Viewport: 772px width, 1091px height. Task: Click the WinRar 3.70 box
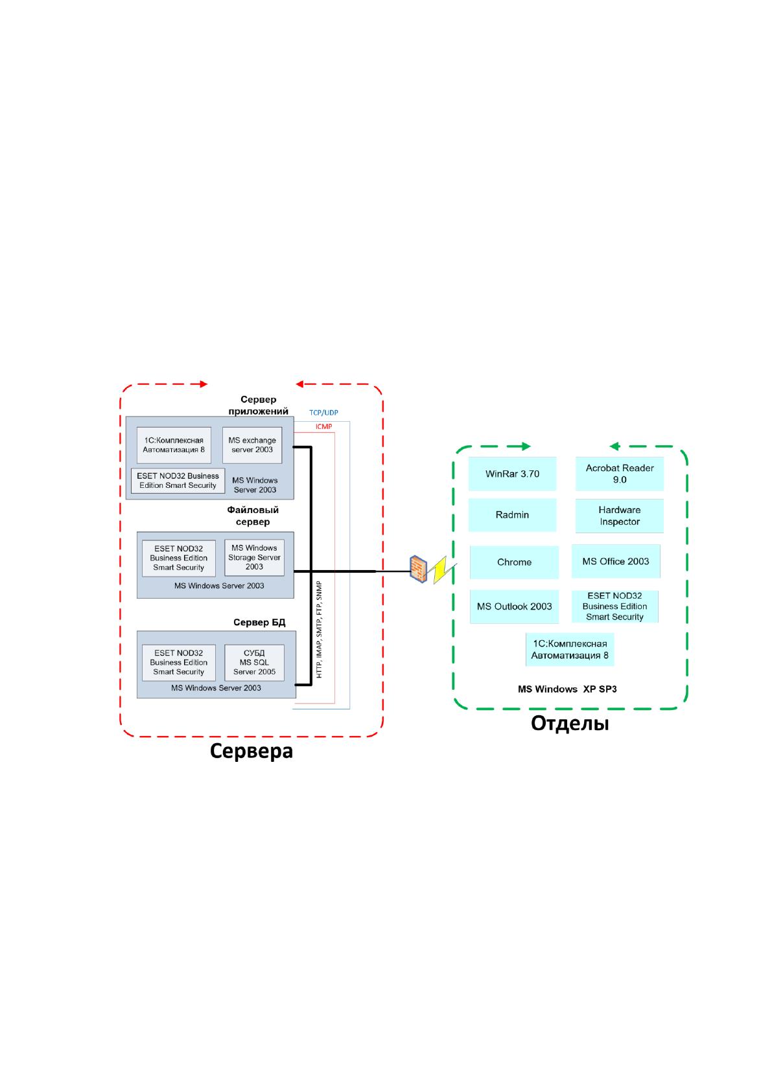point(511,474)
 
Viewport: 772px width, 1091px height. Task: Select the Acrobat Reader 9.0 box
point(619,474)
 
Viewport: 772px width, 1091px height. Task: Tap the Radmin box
point(511,515)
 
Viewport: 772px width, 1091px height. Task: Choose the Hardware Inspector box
point(619,515)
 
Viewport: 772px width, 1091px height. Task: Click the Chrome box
point(513,562)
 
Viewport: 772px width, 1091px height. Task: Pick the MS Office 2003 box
point(616,561)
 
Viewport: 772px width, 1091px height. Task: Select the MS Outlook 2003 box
point(513,606)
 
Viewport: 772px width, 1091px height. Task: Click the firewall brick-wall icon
point(418,569)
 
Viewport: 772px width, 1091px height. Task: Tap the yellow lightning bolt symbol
point(443,570)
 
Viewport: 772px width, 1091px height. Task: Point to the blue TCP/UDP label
point(323,413)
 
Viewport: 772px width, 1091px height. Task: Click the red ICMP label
point(323,427)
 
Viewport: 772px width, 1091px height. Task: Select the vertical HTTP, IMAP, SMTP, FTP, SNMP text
point(319,629)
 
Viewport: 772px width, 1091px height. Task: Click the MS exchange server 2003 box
point(252,445)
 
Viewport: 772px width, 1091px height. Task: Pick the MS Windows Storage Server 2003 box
point(254,557)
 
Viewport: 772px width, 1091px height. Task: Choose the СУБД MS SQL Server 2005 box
point(254,662)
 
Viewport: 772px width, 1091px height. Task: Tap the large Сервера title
point(251,751)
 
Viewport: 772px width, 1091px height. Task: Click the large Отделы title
point(570,723)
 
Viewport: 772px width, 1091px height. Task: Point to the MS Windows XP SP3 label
point(567,689)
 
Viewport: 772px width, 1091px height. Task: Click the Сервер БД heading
point(259,623)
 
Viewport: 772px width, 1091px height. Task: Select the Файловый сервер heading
point(252,516)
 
